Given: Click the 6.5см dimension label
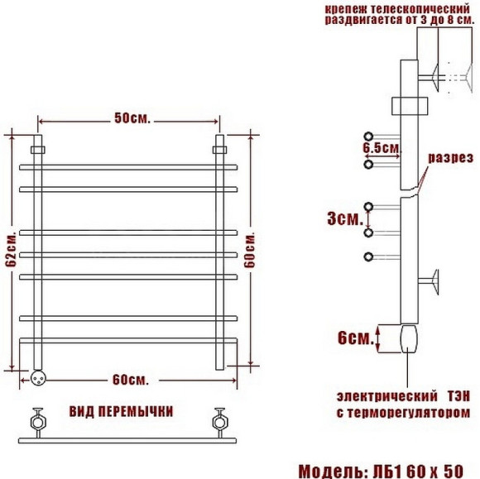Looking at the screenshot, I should click(x=382, y=148).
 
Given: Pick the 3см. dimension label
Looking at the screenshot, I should click(x=343, y=220).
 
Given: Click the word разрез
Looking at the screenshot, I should click(x=450, y=158).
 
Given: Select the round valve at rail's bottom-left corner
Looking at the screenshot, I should click(x=37, y=376).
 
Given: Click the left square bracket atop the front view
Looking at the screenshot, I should click(x=38, y=149).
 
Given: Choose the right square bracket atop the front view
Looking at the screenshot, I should click(x=219, y=149).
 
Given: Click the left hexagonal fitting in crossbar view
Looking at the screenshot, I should click(x=38, y=418).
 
